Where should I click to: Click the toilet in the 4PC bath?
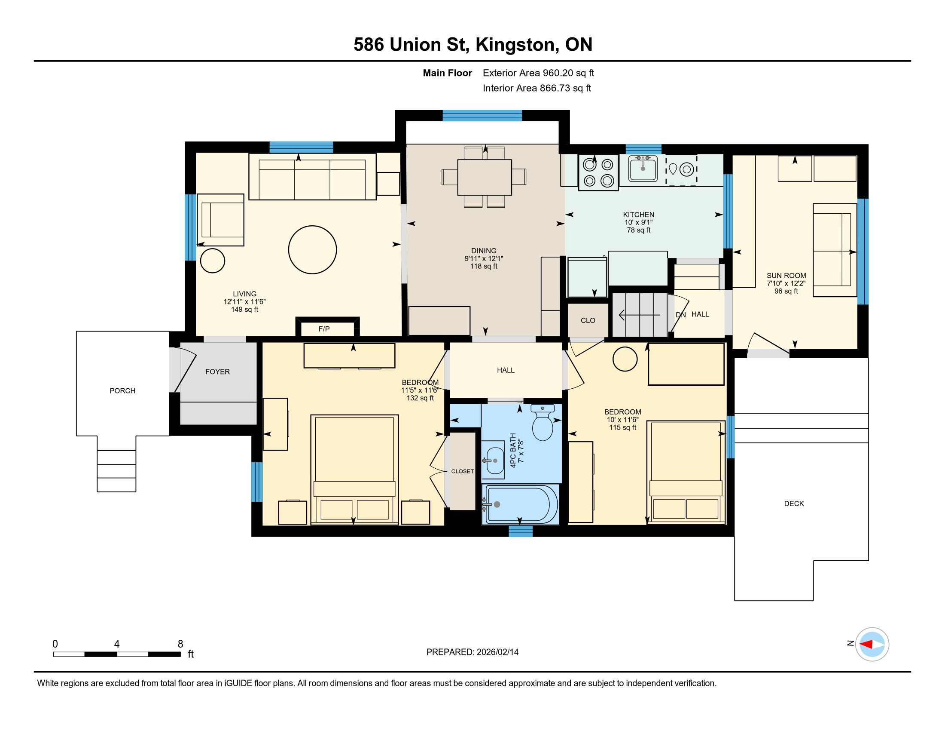tap(543, 422)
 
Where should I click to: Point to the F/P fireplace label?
tap(324, 329)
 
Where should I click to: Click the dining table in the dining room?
tap(485, 177)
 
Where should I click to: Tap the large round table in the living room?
tap(312, 250)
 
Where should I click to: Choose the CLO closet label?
tap(588, 320)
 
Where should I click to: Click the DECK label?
tap(794, 504)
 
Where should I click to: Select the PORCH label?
tap(122, 390)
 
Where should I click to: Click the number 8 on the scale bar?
tap(180, 644)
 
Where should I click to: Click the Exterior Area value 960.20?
tap(560, 73)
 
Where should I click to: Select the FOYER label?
tap(217, 372)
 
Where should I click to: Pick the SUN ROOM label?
tap(786, 276)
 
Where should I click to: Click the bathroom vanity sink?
tap(493, 461)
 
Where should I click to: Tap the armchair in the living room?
tap(221, 220)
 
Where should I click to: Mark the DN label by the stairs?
tap(681, 315)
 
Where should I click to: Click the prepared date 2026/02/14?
tap(497, 652)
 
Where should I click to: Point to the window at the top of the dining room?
tap(482, 116)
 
